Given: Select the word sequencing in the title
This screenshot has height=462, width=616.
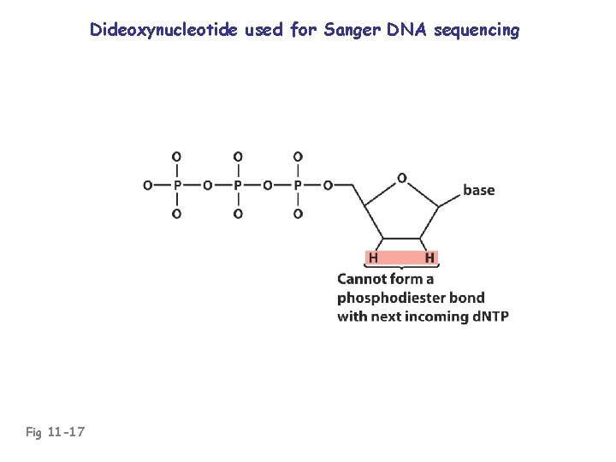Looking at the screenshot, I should point(477,31).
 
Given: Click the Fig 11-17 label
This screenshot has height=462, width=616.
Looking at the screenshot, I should point(54,432).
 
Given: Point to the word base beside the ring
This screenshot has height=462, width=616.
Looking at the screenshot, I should point(478,190).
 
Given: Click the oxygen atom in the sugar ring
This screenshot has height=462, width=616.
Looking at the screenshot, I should point(401,179).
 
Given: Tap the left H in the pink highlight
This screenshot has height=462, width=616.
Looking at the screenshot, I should point(373,257).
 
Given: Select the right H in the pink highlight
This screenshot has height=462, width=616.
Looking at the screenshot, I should point(429,257).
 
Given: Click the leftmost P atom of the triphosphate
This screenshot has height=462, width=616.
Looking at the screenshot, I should point(177,185).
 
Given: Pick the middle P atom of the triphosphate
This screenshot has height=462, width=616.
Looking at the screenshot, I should point(238,185).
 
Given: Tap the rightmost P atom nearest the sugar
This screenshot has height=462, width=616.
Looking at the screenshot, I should point(298,185).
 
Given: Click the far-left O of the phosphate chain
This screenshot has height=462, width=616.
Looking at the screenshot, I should point(147,185).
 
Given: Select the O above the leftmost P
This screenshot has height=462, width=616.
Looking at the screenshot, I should point(177,157).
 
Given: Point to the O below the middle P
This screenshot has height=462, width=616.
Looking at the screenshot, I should point(238,213).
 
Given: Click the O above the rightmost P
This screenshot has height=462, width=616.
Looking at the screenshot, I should point(298,157).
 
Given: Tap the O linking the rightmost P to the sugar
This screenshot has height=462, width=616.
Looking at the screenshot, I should point(328,185).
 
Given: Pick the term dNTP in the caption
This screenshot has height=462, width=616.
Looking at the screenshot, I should point(489,317).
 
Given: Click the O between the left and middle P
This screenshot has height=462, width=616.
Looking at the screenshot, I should point(207,185).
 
